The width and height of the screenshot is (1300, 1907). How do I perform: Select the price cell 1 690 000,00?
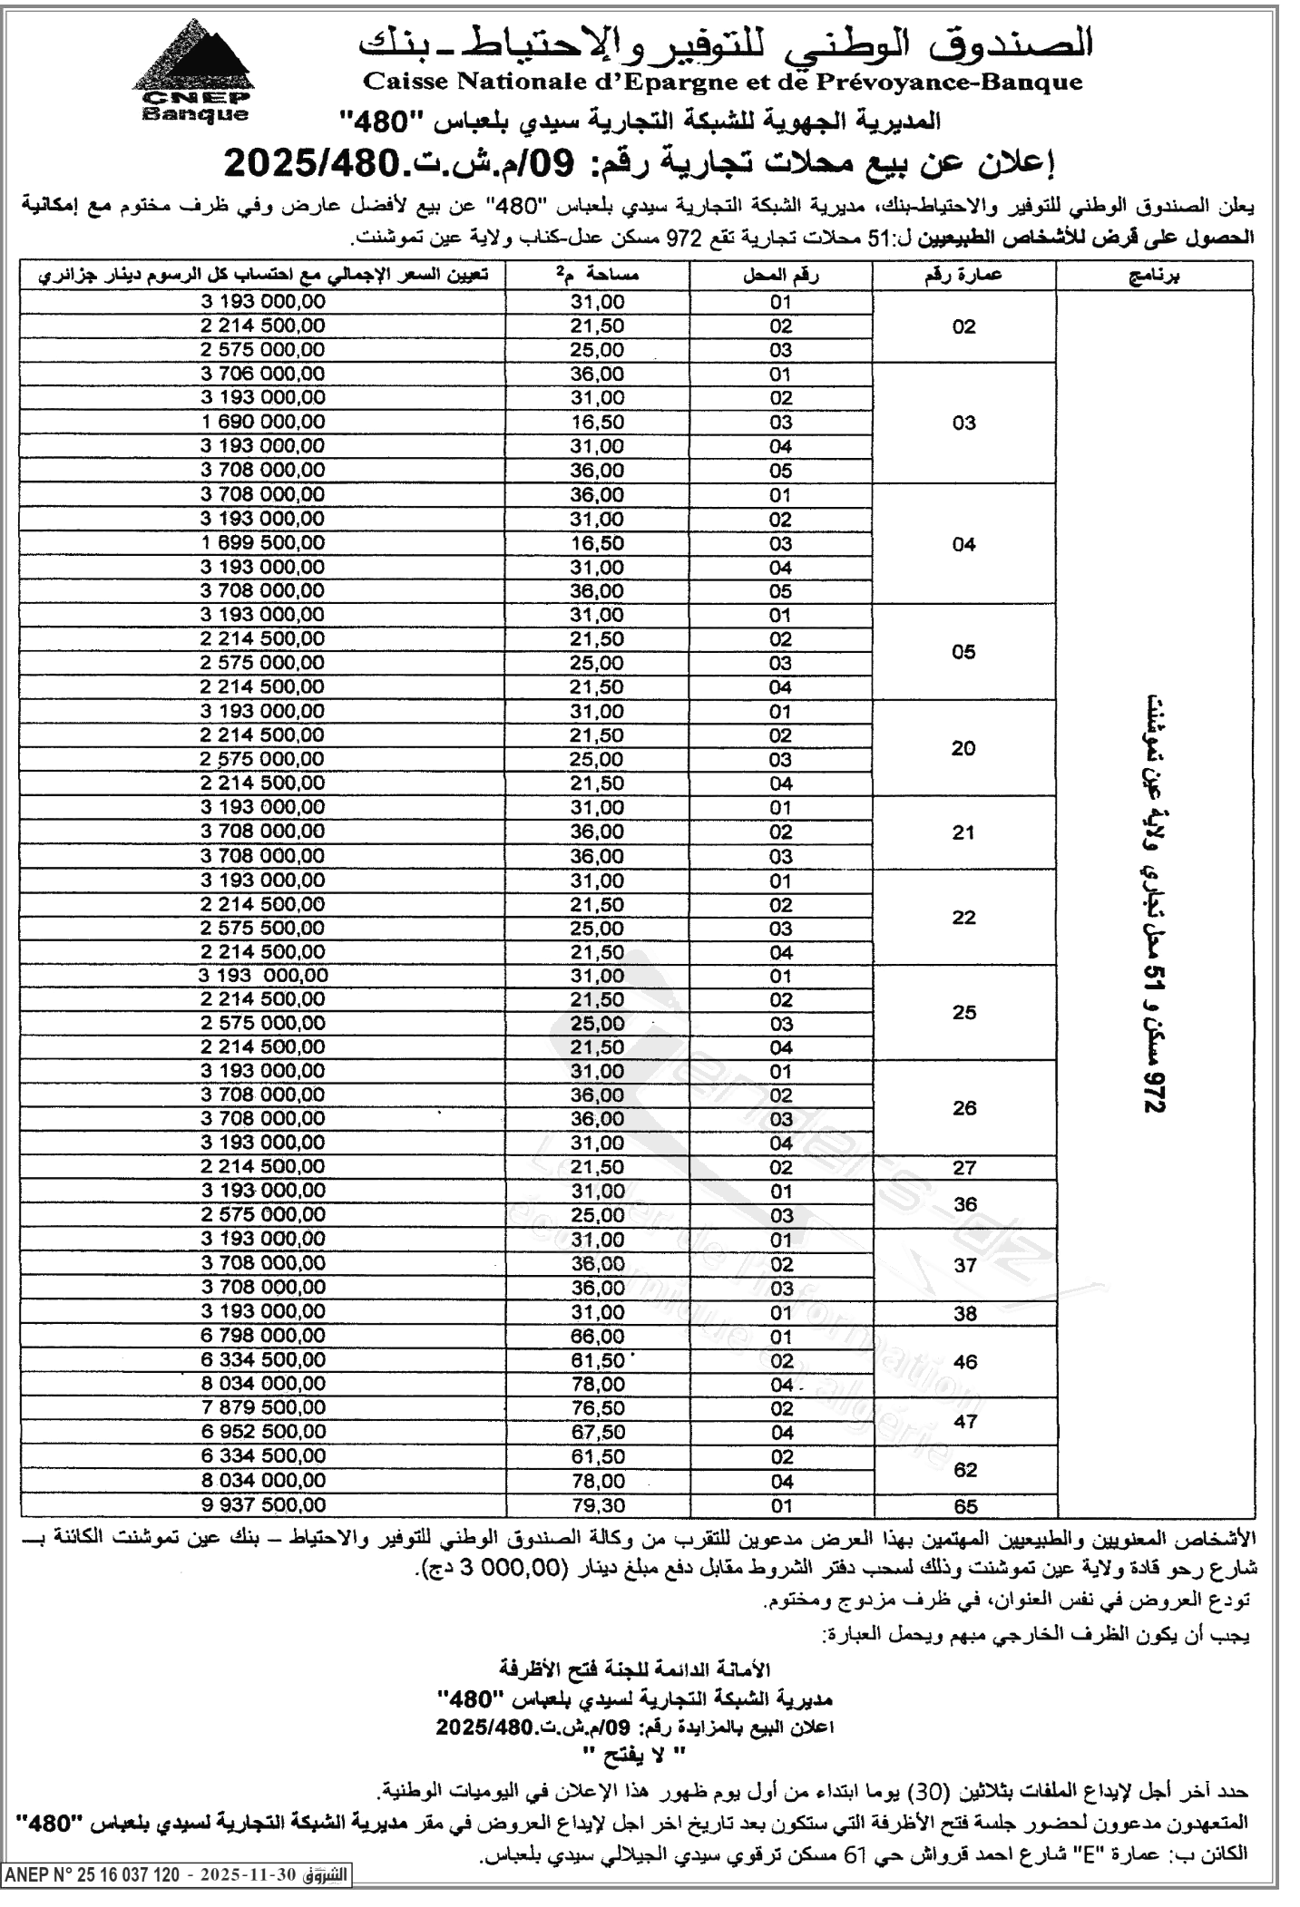pyautogui.click(x=262, y=422)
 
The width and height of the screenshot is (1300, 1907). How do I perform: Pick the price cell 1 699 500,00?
pyautogui.click(x=262, y=542)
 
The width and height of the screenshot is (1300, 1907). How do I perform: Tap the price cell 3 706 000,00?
pyautogui.click(x=262, y=374)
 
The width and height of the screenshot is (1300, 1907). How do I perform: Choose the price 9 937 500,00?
pyautogui.click(x=262, y=1505)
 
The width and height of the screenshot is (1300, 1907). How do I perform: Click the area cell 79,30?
pyautogui.click(x=597, y=1505)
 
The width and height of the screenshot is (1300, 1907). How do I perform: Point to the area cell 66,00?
pyautogui.click(x=597, y=1336)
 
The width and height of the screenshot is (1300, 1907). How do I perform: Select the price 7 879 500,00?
pyautogui.click(x=262, y=1408)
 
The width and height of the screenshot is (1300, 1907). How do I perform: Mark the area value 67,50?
pyautogui.click(x=597, y=1433)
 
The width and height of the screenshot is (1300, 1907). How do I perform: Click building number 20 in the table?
pyautogui.click(x=963, y=748)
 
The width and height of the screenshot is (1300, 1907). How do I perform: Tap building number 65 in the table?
pyautogui.click(x=966, y=1506)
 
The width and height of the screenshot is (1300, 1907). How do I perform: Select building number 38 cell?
pyautogui.click(x=964, y=1312)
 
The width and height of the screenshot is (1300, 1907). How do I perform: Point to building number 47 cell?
pyautogui.click(x=965, y=1421)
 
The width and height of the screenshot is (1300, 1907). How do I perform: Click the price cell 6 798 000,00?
pyautogui.click(x=262, y=1336)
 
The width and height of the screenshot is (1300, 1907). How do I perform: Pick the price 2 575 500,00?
pyautogui.click(x=262, y=929)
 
